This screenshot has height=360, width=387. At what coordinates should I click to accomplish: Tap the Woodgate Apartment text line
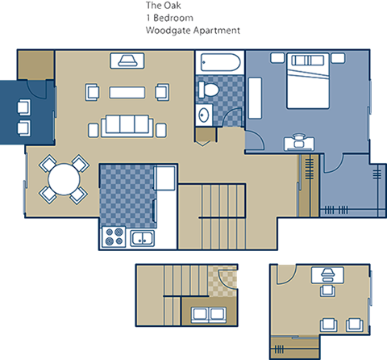point(193,31)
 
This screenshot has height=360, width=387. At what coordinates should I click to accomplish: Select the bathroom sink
point(202,115)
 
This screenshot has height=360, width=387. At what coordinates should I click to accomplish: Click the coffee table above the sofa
point(127,91)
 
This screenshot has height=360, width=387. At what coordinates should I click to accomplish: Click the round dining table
point(63,178)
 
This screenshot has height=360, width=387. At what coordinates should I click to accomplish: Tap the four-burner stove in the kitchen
point(113,237)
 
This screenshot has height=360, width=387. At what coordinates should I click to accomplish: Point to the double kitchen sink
point(143,237)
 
